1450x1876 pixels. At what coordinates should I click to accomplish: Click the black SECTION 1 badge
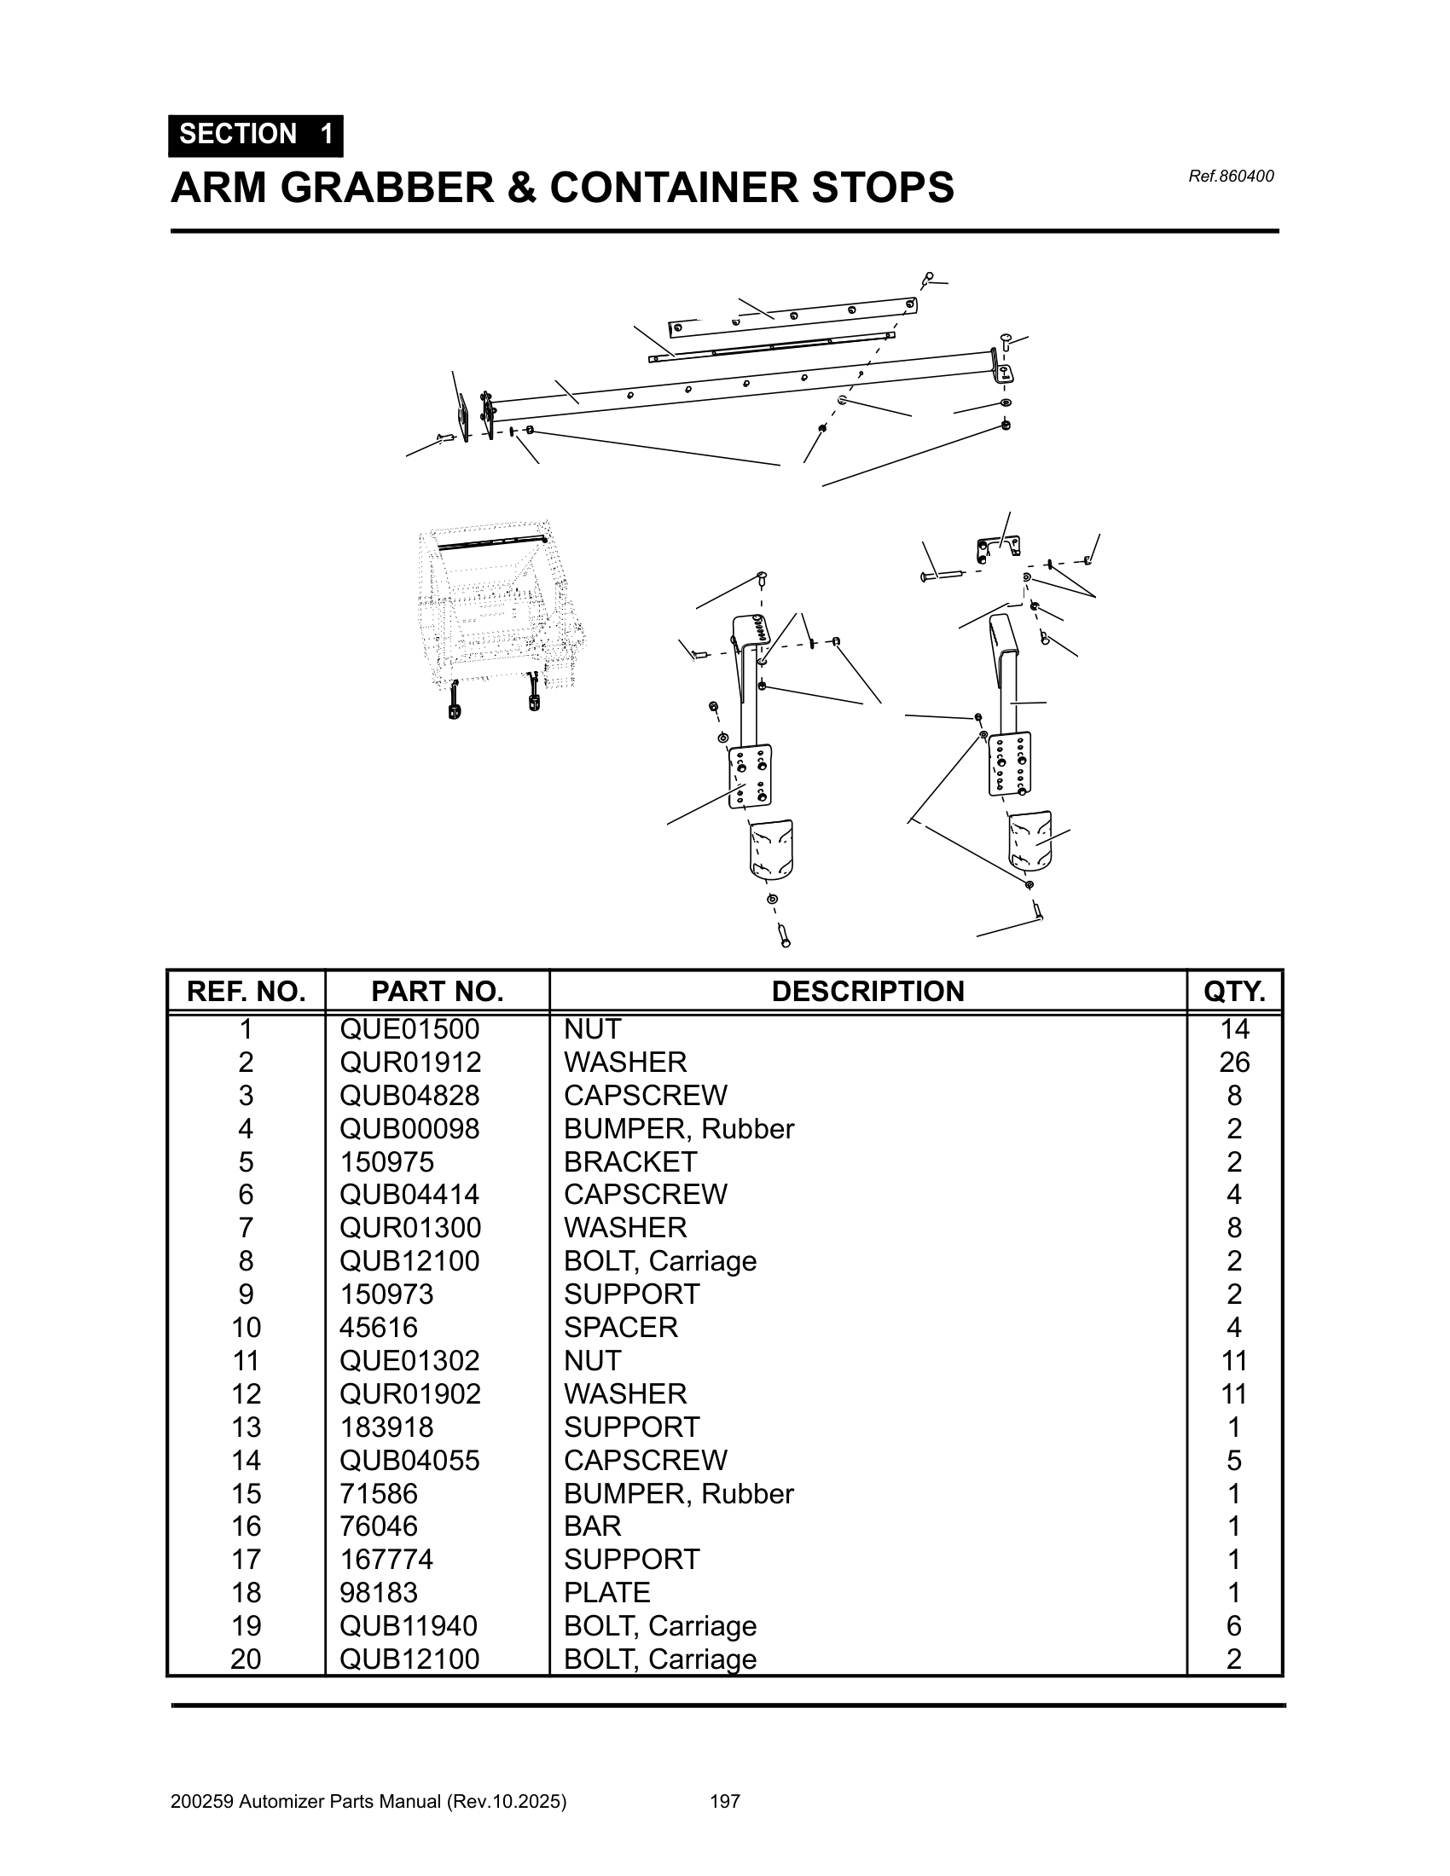(255, 135)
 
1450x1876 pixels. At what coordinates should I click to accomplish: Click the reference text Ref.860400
(1230, 177)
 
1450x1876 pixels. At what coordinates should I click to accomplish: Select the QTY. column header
(1233, 991)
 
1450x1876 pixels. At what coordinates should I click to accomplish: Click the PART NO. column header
(437, 991)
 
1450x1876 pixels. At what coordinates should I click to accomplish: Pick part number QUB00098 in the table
(409, 1128)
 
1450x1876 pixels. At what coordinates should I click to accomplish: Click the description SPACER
(620, 1327)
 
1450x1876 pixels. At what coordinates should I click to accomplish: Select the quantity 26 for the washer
(1233, 1062)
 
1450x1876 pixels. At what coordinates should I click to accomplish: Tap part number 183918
(386, 1427)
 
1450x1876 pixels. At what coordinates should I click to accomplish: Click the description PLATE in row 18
(606, 1593)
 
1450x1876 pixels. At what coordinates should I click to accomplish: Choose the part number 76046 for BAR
(378, 1526)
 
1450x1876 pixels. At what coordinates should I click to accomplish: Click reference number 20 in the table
(246, 1659)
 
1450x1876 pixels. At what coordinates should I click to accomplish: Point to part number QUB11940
(409, 1626)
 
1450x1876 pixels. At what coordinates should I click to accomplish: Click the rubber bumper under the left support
(770, 849)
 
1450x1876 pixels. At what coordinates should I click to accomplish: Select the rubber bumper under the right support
(1030, 840)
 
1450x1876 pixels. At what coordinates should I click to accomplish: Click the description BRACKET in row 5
(629, 1161)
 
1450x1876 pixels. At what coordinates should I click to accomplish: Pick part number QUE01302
(409, 1361)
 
